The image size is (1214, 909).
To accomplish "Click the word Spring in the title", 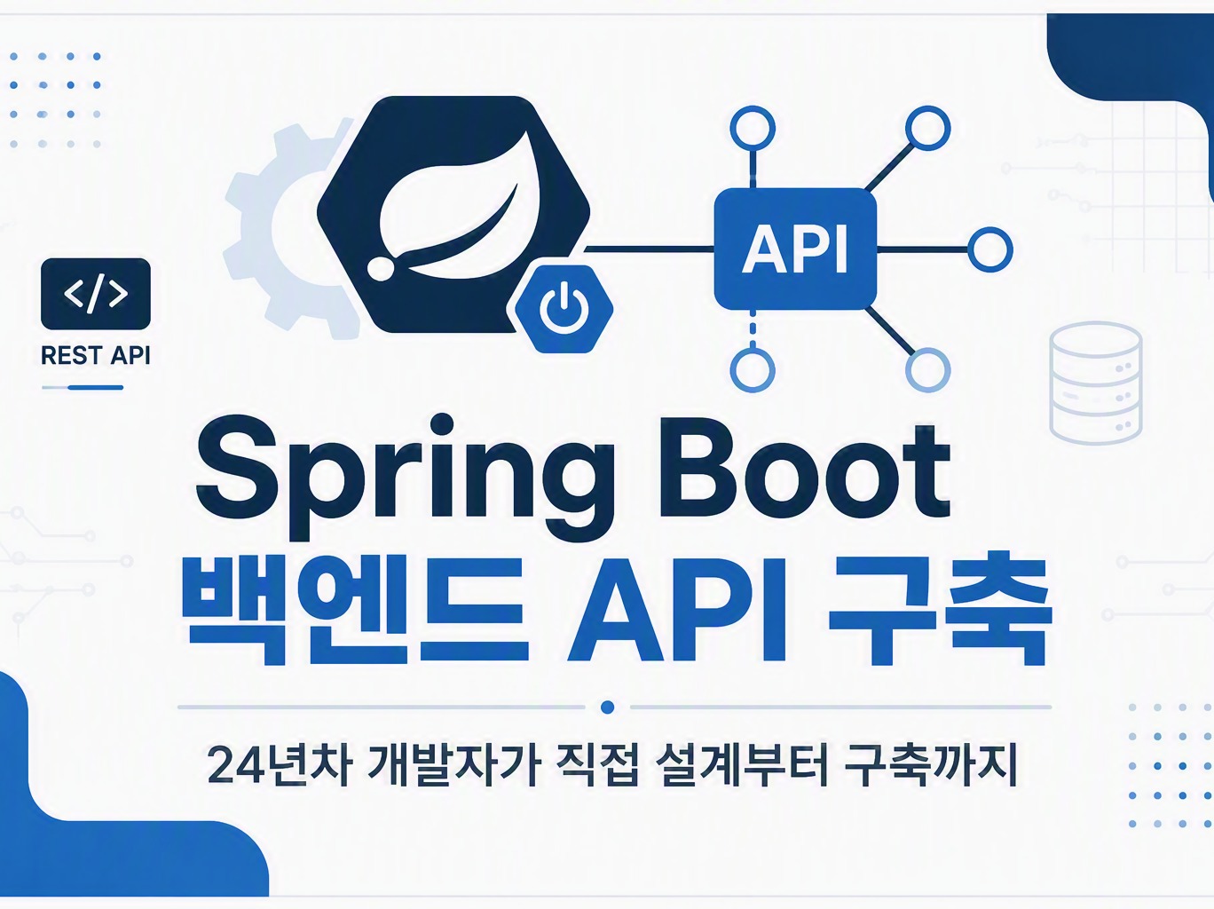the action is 405,477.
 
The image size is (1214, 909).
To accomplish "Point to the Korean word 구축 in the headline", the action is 940,609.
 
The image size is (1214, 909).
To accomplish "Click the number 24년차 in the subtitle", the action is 280,766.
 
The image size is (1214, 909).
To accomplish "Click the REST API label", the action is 96,355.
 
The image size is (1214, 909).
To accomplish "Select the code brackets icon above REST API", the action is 96,293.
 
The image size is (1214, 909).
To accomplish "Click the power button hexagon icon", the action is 564,309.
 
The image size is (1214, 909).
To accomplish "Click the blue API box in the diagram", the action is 795,249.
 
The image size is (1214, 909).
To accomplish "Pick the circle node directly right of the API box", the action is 990,249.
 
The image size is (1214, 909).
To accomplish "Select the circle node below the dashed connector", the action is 753,369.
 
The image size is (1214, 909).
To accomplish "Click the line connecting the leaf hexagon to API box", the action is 650,249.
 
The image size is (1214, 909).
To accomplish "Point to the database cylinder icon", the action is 1096,383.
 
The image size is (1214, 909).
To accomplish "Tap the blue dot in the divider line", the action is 607,707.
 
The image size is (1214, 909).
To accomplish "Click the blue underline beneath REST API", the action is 83,387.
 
